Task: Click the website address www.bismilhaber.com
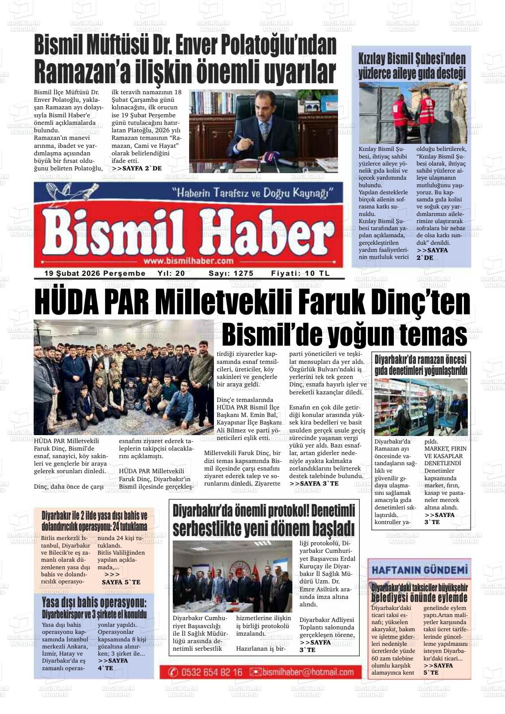tap(188, 261)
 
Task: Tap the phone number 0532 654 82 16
tap(207, 672)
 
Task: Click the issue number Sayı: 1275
tap(231, 274)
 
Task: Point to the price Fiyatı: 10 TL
tap(300, 274)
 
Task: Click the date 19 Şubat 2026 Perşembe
tap(95, 274)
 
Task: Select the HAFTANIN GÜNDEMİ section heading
tap(419, 570)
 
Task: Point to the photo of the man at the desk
tap(263, 131)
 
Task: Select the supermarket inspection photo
tap(420, 407)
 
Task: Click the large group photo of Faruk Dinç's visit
tap(124, 378)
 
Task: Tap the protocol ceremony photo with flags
tap(232, 576)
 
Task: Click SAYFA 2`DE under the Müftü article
tap(136, 169)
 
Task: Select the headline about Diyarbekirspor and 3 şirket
tap(94, 608)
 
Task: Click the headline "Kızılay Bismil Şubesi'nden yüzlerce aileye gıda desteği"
tap(412, 66)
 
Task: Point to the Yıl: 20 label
tap(171, 274)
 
